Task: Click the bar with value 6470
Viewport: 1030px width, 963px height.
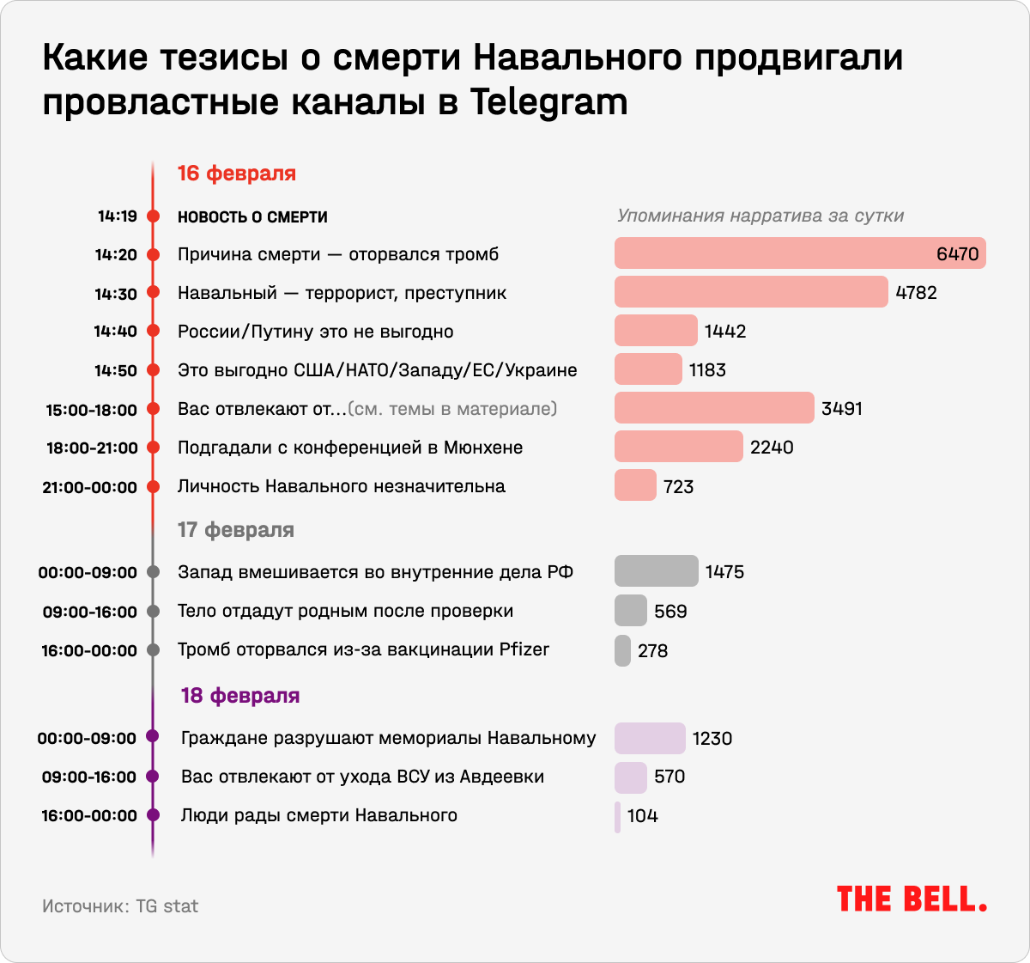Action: [x=800, y=253]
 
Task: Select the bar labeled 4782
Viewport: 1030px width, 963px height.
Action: [x=751, y=292]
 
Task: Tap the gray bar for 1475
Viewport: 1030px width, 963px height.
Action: [x=657, y=571]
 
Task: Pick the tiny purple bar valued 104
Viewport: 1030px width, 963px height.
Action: [x=617, y=816]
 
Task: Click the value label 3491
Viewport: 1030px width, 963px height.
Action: [x=842, y=409]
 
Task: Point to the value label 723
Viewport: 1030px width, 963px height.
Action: [x=678, y=487]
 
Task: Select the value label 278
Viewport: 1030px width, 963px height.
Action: [x=653, y=651]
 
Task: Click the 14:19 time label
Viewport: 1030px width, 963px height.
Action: [x=118, y=216]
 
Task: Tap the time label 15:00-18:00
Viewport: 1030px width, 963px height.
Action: [x=92, y=410]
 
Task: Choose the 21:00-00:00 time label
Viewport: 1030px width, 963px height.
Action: [x=90, y=487]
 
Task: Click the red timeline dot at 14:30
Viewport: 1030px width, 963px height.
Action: [x=154, y=293]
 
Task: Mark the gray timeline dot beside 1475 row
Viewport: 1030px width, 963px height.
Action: [x=154, y=572]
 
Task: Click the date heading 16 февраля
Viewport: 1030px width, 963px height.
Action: [x=237, y=174]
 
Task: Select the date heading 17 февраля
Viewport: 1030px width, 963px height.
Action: [x=236, y=530]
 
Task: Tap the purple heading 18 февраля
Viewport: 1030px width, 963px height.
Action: [x=240, y=696]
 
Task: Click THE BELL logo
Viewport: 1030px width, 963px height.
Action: [x=912, y=899]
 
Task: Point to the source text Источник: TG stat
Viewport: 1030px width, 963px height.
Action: [x=120, y=906]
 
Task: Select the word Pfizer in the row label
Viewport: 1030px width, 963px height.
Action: [x=524, y=649]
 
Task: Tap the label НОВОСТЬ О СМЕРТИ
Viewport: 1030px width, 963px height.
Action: [x=252, y=217]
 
